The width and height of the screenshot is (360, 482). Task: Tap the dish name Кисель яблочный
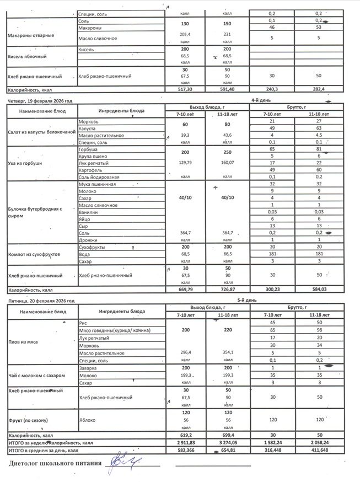[x=26, y=57]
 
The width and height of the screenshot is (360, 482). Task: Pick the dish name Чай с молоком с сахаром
[x=34, y=375]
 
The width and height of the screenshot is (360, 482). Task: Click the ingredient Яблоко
[x=87, y=419]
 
